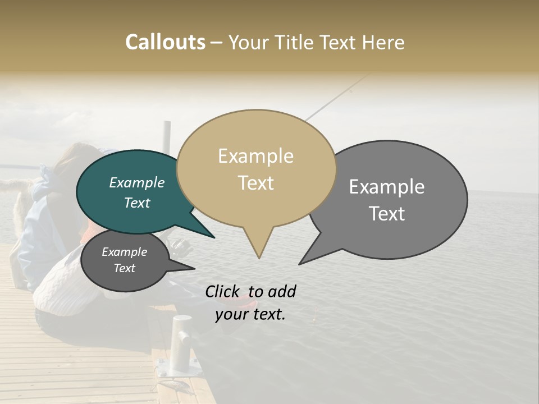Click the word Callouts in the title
pyautogui.click(x=165, y=42)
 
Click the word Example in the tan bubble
pyautogui.click(x=255, y=156)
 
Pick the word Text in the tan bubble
pyautogui.click(x=255, y=183)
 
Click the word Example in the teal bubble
pyautogui.click(x=136, y=183)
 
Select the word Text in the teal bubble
pyautogui.click(x=136, y=203)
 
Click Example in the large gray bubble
pyautogui.click(x=387, y=187)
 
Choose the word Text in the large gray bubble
pyautogui.click(x=387, y=214)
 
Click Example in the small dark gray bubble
pyautogui.click(x=124, y=252)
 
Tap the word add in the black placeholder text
pyautogui.click(x=281, y=291)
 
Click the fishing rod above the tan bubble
pyautogui.click(x=337, y=95)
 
